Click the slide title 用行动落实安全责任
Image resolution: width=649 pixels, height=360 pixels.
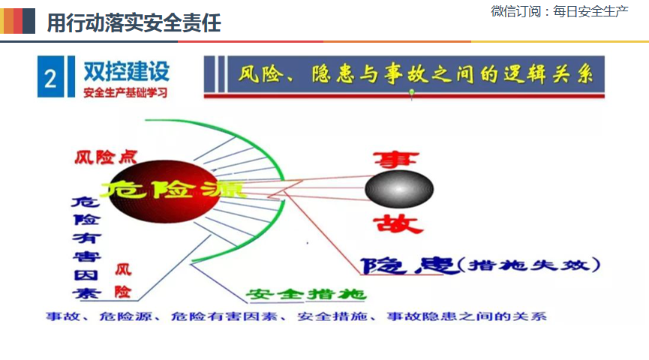coord(134,22)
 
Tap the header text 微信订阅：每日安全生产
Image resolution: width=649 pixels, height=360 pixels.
coord(559,11)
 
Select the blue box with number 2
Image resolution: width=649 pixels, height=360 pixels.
coord(50,77)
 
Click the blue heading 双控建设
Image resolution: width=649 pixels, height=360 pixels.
coord(127,71)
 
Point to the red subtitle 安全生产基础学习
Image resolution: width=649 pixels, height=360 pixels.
coord(125,92)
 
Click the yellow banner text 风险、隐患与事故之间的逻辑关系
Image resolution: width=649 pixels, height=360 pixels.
coord(416,74)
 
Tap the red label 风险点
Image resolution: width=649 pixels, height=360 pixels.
coord(106,157)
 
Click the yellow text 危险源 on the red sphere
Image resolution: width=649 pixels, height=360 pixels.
coord(173,190)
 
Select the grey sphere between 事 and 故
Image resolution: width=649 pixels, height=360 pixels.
coord(399,189)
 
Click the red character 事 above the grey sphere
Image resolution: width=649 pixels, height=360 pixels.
coord(396,159)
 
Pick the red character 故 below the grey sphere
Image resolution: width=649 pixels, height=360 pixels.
coord(398,223)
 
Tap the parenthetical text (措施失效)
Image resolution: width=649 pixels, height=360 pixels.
coord(530,265)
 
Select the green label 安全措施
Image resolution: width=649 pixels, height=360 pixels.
coord(306,294)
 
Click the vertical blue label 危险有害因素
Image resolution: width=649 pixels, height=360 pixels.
coord(86,247)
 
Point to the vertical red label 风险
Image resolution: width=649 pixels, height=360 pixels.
coord(123,280)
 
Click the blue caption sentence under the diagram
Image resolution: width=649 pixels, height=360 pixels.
coord(296,316)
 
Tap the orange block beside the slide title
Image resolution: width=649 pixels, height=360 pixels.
coord(7,21)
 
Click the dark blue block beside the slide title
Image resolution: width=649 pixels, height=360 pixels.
coord(29,21)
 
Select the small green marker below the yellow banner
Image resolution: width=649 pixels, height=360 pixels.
coord(411,94)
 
